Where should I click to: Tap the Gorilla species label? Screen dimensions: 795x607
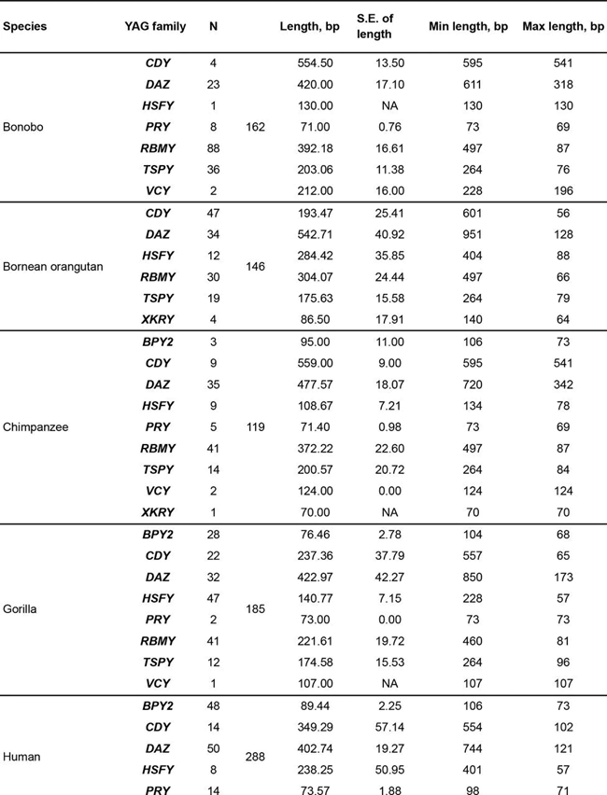pyautogui.click(x=21, y=609)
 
